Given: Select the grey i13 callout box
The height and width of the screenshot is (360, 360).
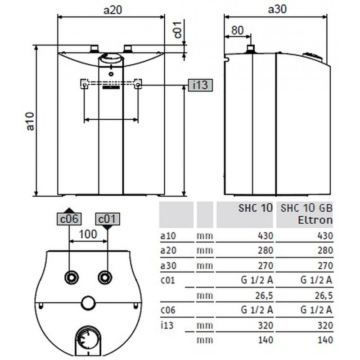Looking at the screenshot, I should (x=199, y=85).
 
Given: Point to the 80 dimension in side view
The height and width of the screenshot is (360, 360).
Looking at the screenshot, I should (x=237, y=31).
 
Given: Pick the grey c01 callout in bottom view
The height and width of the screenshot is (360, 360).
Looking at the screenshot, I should (x=107, y=219).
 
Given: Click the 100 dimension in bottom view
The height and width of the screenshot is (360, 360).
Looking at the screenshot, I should (x=88, y=234).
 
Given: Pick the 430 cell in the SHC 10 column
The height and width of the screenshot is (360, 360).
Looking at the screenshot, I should (x=265, y=236).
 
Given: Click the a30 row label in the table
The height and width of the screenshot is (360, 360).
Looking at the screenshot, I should (x=167, y=265).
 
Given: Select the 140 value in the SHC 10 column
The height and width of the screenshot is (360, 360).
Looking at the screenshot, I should (x=265, y=340).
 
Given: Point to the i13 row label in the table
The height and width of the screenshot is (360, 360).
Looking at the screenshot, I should (x=166, y=325).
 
